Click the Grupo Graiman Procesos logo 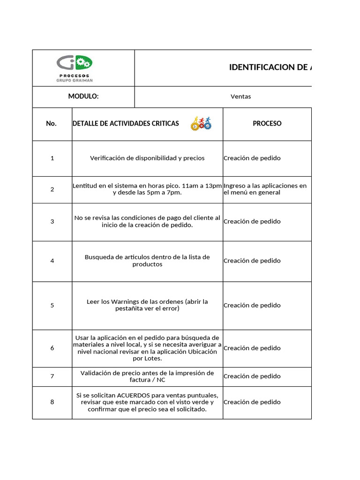[x=75, y=68]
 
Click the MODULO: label [x=83, y=97]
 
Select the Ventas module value [x=240, y=97]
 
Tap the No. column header [x=52, y=124]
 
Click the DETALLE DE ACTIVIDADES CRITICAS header [x=126, y=124]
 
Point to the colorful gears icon [x=201, y=124]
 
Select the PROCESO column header [x=267, y=124]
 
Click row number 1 [x=52, y=158]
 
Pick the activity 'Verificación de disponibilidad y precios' [x=147, y=158]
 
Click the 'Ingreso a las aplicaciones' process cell [x=265, y=189]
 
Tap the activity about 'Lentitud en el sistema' [x=147, y=189]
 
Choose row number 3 [x=52, y=222]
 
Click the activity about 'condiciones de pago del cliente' [x=147, y=222]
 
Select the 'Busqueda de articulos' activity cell [x=147, y=261]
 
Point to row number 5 [x=52, y=306]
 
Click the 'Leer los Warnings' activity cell [x=147, y=305]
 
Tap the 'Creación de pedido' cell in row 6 [x=252, y=348]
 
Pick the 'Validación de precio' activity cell [x=147, y=376]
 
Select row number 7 [x=52, y=376]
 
